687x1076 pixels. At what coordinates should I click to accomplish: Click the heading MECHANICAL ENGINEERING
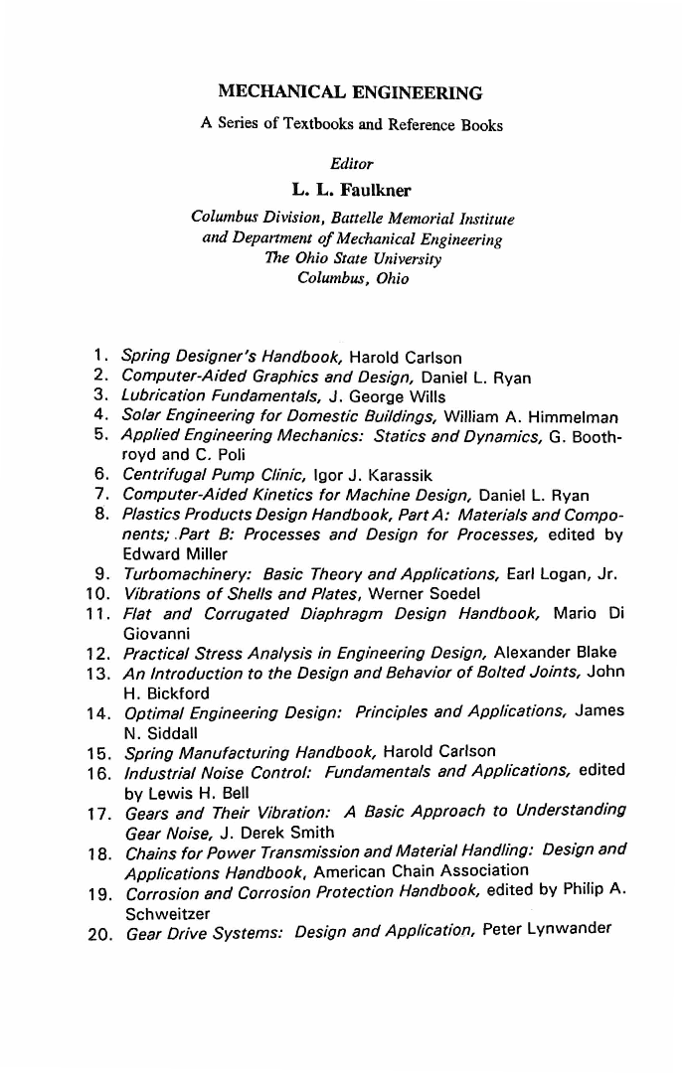(x=349, y=93)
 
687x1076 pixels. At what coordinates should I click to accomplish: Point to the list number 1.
(x=101, y=356)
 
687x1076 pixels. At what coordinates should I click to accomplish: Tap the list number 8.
(x=101, y=514)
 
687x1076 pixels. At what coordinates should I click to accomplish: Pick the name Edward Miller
(x=166, y=553)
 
